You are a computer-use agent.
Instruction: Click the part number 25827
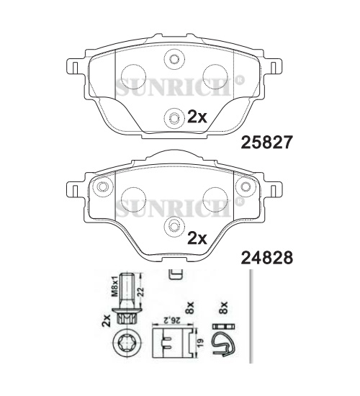click(x=267, y=142)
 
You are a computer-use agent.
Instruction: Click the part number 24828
click(x=267, y=258)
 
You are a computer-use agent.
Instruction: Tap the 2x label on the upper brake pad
click(x=197, y=117)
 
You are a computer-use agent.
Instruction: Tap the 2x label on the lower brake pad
click(x=197, y=238)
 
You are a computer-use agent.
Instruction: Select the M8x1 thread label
click(x=115, y=286)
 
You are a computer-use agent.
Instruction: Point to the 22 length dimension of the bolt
click(x=140, y=292)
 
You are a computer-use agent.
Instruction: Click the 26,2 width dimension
click(x=172, y=320)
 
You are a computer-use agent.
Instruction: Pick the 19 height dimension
click(x=200, y=343)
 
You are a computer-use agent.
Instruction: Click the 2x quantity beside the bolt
click(x=107, y=320)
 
